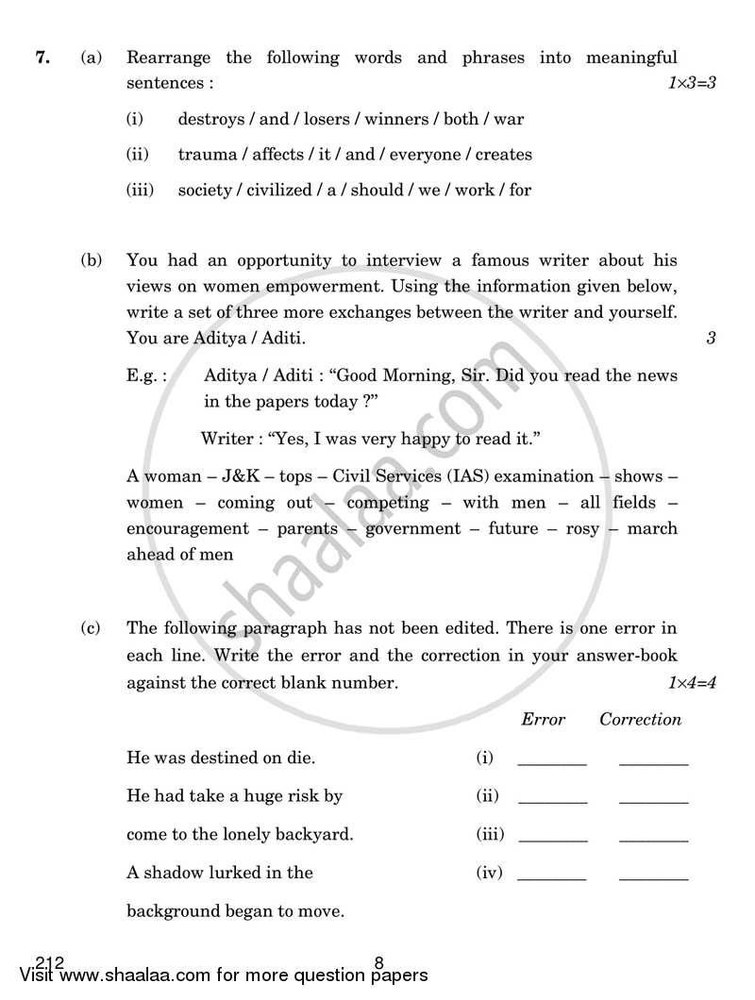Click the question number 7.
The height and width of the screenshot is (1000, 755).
point(42,58)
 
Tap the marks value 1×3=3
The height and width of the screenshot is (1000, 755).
point(693,83)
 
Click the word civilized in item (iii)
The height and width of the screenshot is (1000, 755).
point(278,190)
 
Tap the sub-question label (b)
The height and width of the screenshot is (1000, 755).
point(92,260)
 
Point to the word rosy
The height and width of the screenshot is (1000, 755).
point(582,528)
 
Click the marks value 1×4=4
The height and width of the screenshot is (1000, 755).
point(693,682)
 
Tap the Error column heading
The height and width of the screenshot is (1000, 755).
point(543,720)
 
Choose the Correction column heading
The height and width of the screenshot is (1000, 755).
point(640,720)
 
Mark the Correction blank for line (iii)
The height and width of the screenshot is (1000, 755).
point(653,838)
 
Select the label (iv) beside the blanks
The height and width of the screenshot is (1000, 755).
point(489,874)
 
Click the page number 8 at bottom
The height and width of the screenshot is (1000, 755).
point(378,963)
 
